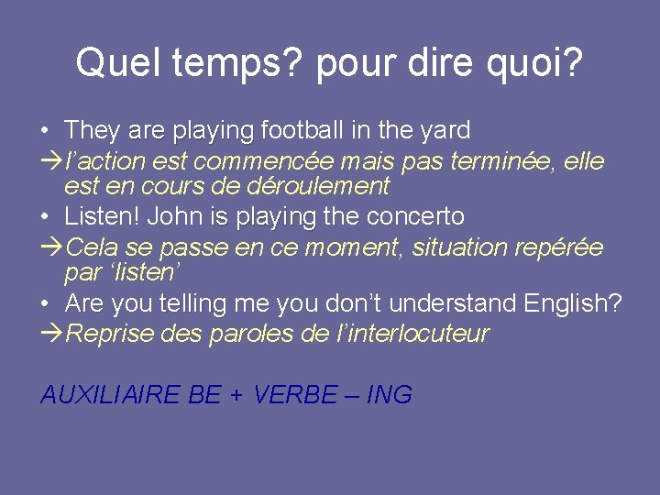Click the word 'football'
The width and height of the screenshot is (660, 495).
[x=308, y=131]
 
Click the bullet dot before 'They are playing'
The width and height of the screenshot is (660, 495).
[x=47, y=131]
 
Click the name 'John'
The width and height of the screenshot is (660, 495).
[x=174, y=217]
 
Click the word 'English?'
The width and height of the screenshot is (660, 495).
[x=573, y=303]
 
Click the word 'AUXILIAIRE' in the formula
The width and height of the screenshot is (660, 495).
[x=110, y=395]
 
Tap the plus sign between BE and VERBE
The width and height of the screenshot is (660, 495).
[x=237, y=396]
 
